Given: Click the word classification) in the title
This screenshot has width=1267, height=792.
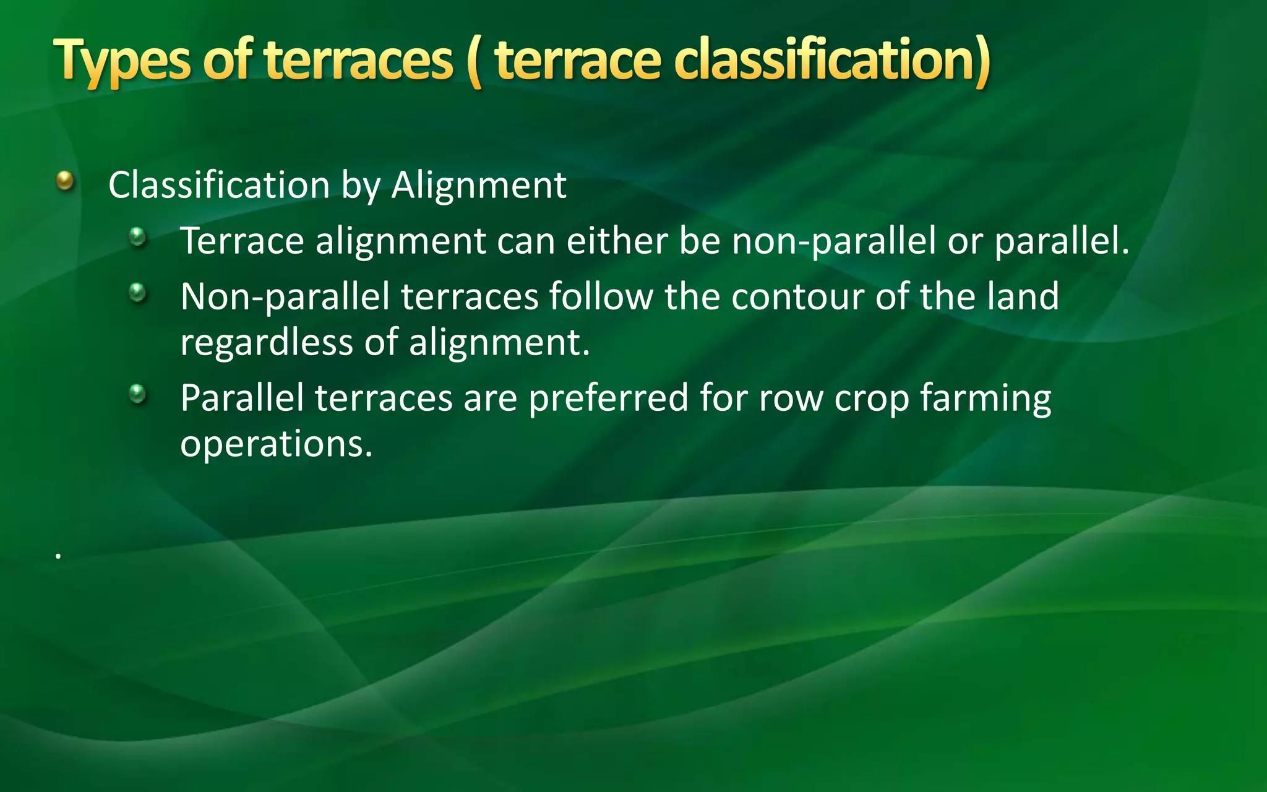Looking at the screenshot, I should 831,61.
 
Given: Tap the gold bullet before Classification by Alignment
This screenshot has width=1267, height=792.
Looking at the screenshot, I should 65,181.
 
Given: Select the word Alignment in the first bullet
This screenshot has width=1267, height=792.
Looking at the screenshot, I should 478,185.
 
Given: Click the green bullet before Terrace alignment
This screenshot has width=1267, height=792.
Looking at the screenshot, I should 137,237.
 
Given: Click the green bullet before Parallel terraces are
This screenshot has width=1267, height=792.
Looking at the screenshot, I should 137,394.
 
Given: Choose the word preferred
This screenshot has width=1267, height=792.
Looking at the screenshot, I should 608,398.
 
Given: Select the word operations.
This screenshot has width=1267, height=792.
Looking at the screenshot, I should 276,444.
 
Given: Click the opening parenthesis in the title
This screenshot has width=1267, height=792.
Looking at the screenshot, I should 475,62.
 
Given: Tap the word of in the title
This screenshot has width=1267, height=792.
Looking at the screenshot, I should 227,61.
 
